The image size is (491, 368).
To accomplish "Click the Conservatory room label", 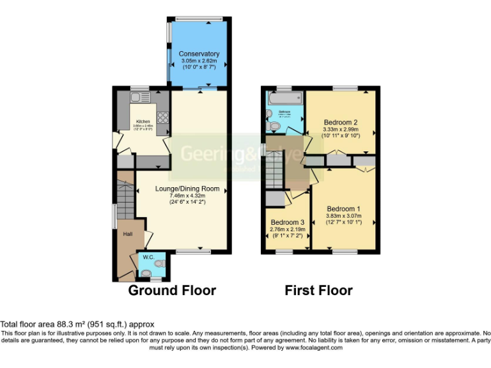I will click(x=199, y=54).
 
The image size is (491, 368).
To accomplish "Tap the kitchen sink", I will click(x=136, y=98).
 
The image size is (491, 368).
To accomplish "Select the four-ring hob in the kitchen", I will click(x=162, y=117).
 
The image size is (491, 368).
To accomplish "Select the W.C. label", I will click(x=148, y=257).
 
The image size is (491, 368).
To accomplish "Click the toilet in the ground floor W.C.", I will click(x=159, y=263).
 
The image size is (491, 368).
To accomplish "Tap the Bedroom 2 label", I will click(x=340, y=122).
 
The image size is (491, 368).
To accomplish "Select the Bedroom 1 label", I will click(x=344, y=208).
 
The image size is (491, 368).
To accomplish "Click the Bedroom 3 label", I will click(x=286, y=222).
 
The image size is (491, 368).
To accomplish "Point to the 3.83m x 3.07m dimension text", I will click(x=344, y=216).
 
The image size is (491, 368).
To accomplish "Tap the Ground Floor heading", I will click(x=172, y=291).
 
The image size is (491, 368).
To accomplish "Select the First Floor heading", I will click(x=318, y=291).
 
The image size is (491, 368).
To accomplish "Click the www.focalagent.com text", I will click(x=314, y=348).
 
